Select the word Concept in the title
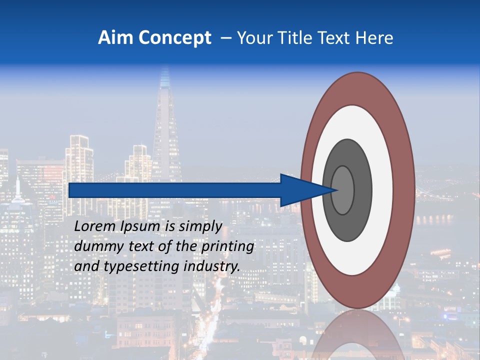pyautogui.click(x=174, y=38)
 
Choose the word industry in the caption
pyautogui.click(x=212, y=266)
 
